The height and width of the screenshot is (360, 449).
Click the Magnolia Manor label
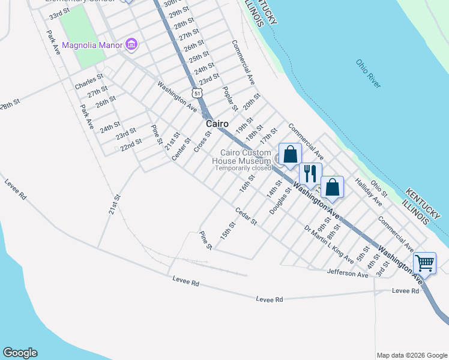tap(91, 45)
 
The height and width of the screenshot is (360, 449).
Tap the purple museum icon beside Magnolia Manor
tap(131, 44)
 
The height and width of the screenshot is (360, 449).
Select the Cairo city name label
tap(217, 124)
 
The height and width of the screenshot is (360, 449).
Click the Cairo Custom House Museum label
tap(246, 157)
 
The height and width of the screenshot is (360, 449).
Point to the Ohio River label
tap(367, 73)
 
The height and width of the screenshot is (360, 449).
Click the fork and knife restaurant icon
tap(310, 173)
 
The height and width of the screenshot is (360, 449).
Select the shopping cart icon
tap(424, 262)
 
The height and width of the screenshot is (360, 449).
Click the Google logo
tap(20, 353)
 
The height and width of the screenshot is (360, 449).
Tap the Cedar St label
tap(246, 217)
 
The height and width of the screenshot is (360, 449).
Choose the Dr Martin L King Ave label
tap(328, 245)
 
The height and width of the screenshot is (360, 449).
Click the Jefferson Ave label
tap(348, 274)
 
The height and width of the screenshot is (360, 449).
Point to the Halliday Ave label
tap(369, 193)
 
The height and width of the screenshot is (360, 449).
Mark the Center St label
tap(181, 149)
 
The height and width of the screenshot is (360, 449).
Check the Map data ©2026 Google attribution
tap(412, 355)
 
